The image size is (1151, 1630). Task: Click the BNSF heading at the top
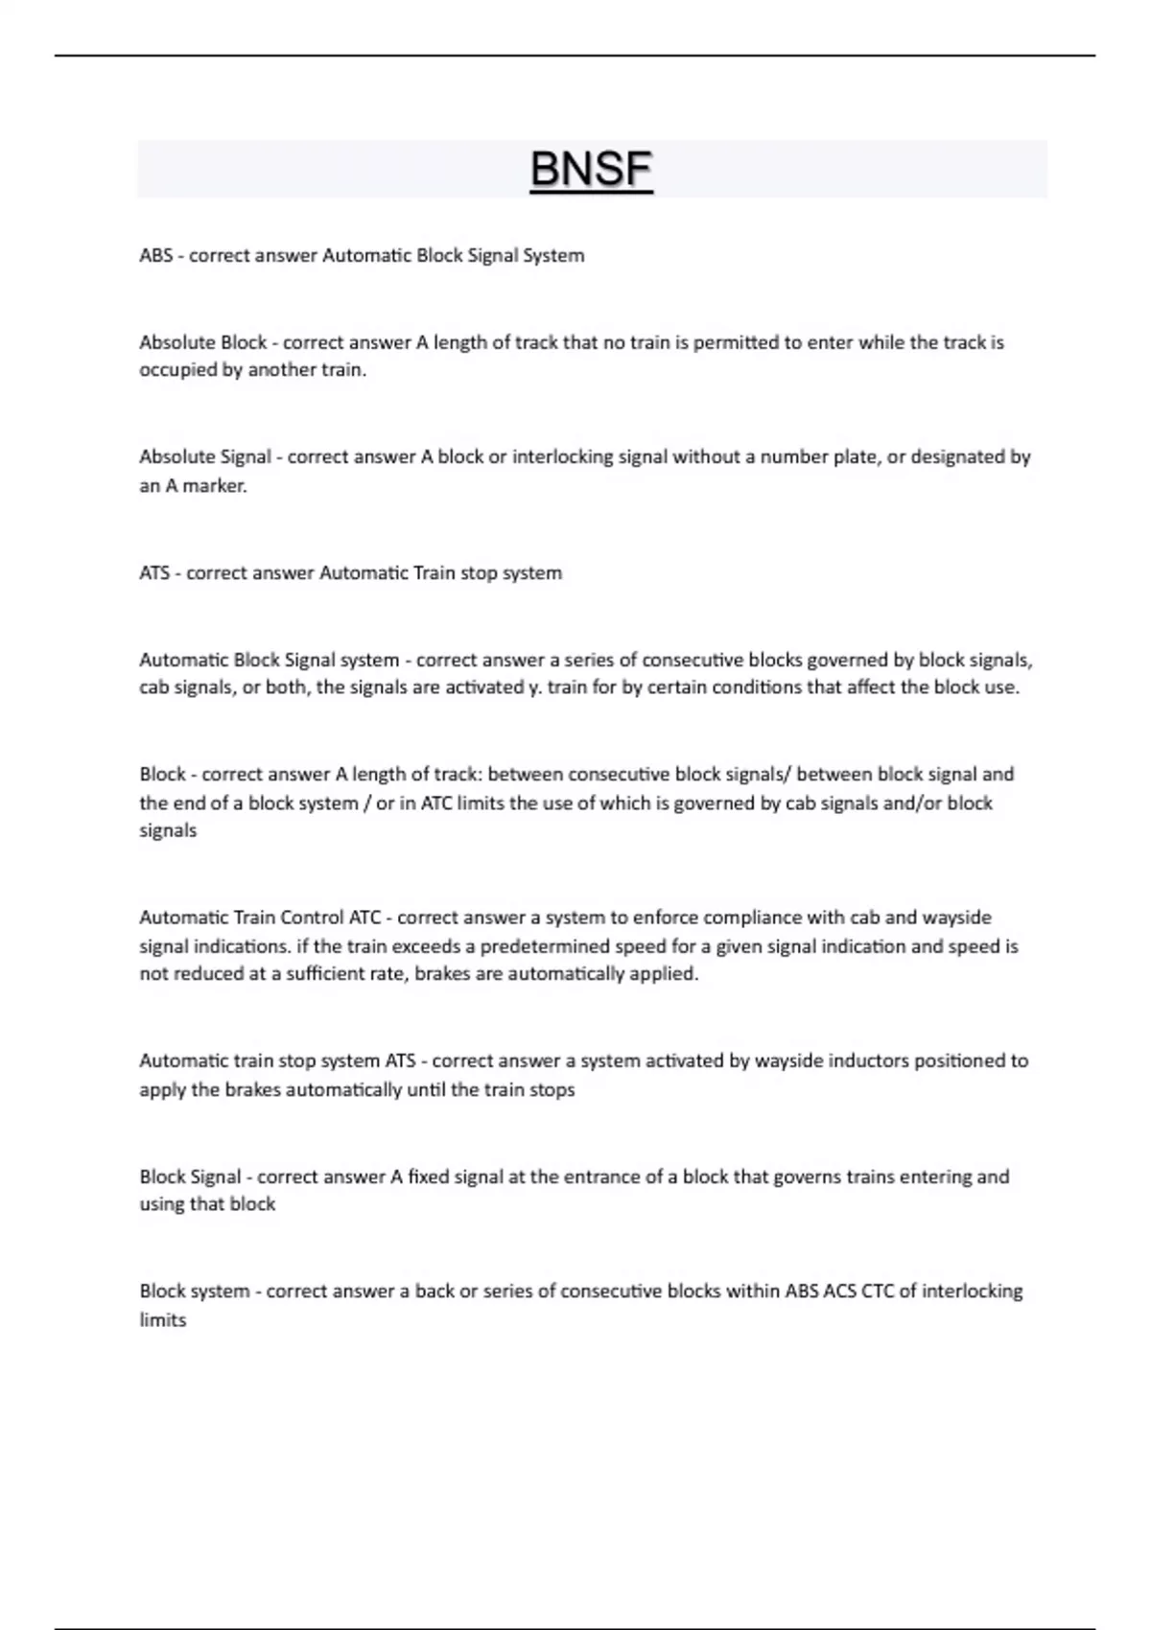pos(591,171)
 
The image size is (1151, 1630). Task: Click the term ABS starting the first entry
pos(156,256)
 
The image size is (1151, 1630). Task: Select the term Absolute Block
pos(202,342)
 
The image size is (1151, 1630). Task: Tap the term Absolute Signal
pos(204,457)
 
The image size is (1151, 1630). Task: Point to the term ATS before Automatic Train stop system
pos(154,573)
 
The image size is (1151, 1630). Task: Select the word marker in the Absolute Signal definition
pos(215,486)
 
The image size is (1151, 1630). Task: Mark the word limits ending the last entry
pos(163,1320)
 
